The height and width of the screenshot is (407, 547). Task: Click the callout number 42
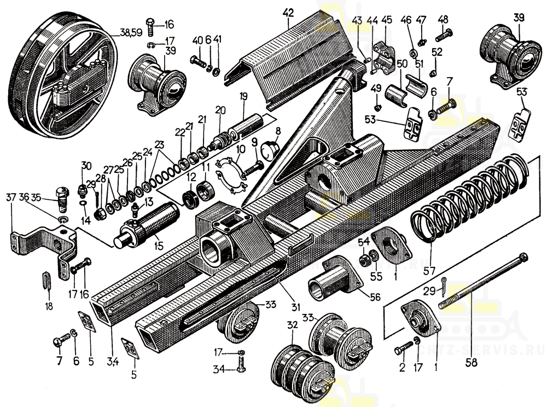(288, 11)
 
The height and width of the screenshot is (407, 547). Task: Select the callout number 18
(49, 306)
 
